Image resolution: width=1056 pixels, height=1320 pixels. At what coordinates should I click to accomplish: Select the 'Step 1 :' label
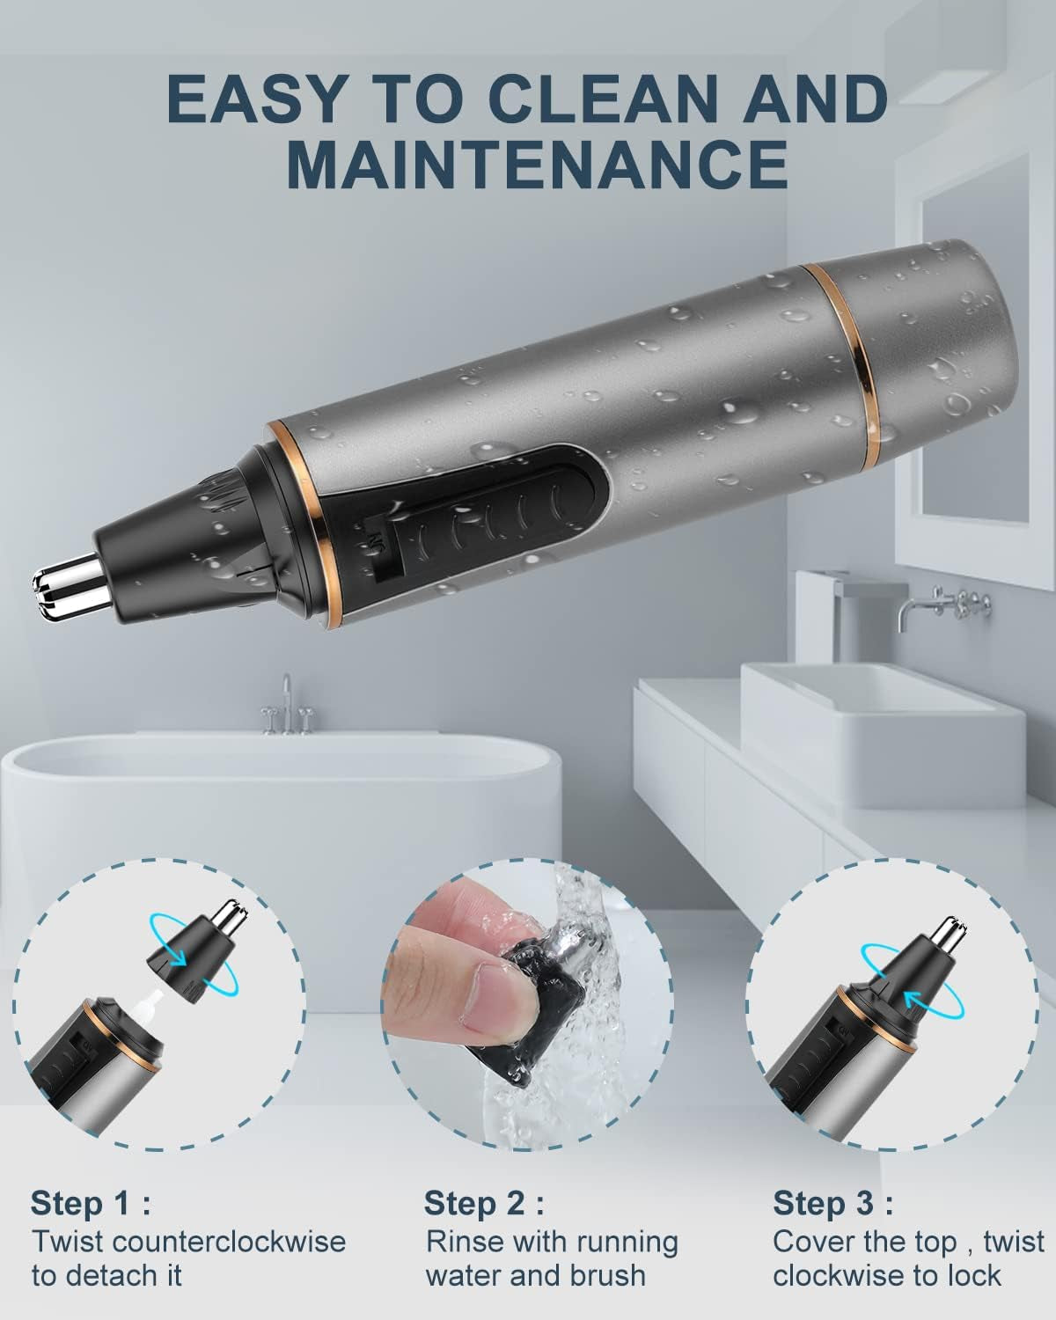click(x=90, y=1203)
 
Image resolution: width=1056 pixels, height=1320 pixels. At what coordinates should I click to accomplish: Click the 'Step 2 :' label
click(x=483, y=1203)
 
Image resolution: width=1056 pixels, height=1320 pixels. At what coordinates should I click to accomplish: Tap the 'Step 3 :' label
click(x=832, y=1203)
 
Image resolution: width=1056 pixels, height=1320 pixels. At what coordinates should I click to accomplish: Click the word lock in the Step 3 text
click(x=972, y=1275)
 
